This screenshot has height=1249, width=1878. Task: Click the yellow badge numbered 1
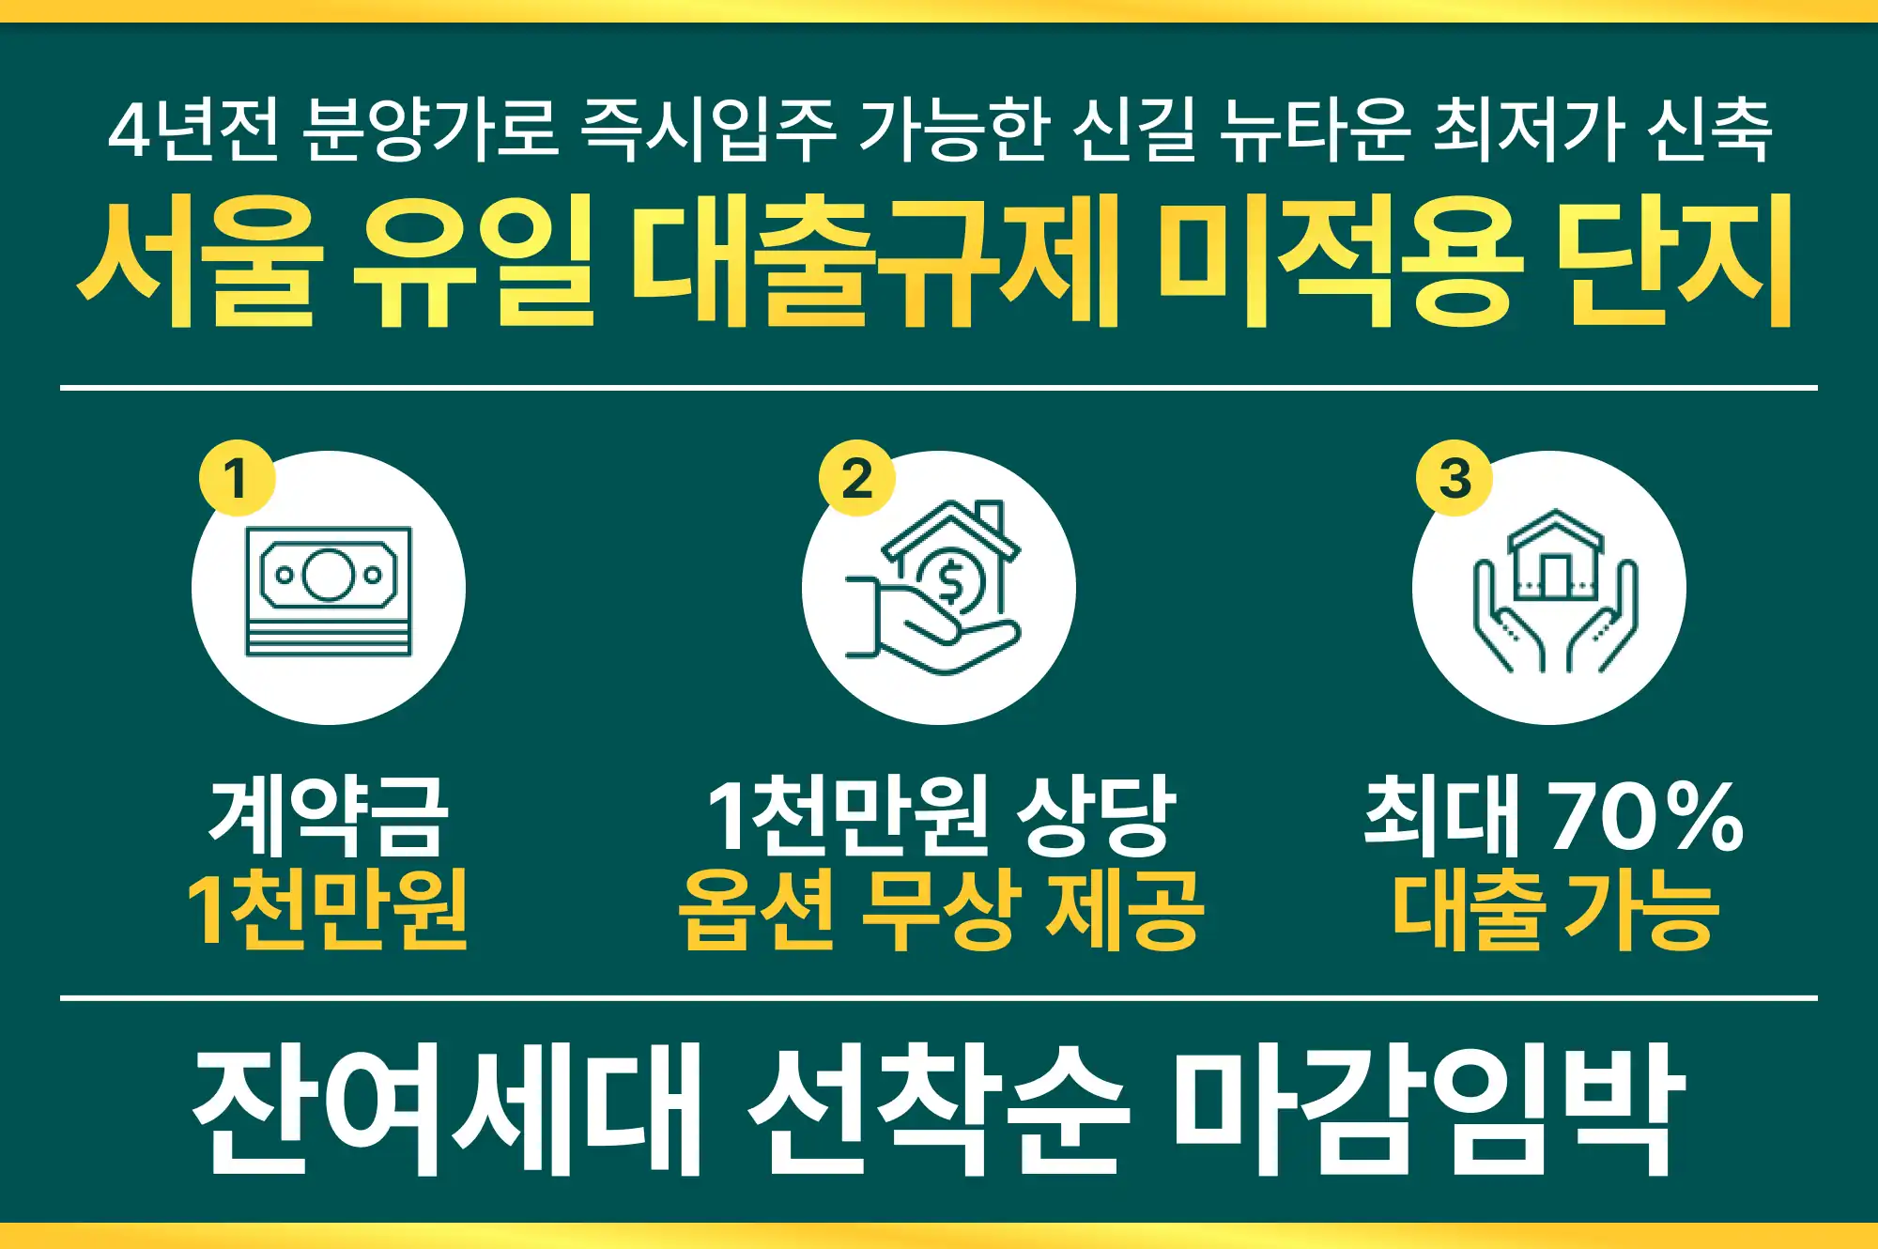coord(237,478)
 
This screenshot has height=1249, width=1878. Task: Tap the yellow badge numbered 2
coord(856,478)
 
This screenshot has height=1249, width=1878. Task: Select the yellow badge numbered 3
coord(1455,478)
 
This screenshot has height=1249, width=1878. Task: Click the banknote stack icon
coord(329,591)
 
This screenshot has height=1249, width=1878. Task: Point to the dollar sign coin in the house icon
coord(950,581)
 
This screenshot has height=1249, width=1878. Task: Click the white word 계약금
coord(329,814)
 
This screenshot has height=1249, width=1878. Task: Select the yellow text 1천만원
coord(329,908)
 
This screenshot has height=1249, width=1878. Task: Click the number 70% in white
coord(1646,814)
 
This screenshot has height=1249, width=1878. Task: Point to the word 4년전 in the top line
coord(193,129)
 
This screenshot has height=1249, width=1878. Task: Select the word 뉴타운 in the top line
coord(1315,129)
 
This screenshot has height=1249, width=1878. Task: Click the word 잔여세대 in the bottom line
coord(447,1108)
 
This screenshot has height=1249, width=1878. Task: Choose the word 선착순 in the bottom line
coord(939,1108)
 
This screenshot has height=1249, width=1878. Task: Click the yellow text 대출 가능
coord(1555,908)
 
